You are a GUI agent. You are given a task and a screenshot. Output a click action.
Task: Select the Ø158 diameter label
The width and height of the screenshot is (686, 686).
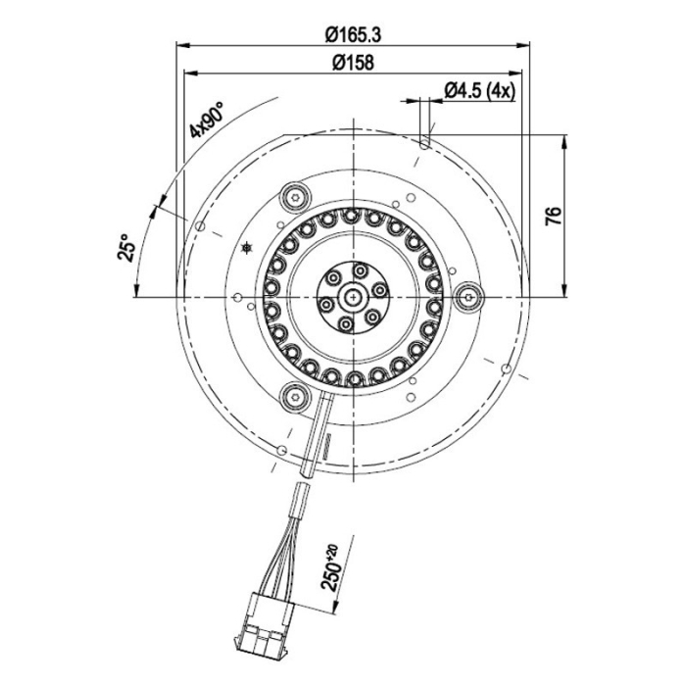coord(351,64)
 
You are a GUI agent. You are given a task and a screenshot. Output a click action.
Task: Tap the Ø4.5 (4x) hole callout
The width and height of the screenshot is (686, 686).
coord(479,90)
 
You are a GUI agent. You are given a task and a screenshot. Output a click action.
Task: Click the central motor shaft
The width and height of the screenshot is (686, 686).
coord(352,294)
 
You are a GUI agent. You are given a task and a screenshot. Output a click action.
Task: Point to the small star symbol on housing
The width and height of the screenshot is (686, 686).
coord(246,249)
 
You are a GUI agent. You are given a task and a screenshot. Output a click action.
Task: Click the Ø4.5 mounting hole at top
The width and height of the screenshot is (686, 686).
coord(423,142)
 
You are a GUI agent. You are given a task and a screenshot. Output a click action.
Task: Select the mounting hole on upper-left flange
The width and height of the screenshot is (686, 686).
coord(200,227)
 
